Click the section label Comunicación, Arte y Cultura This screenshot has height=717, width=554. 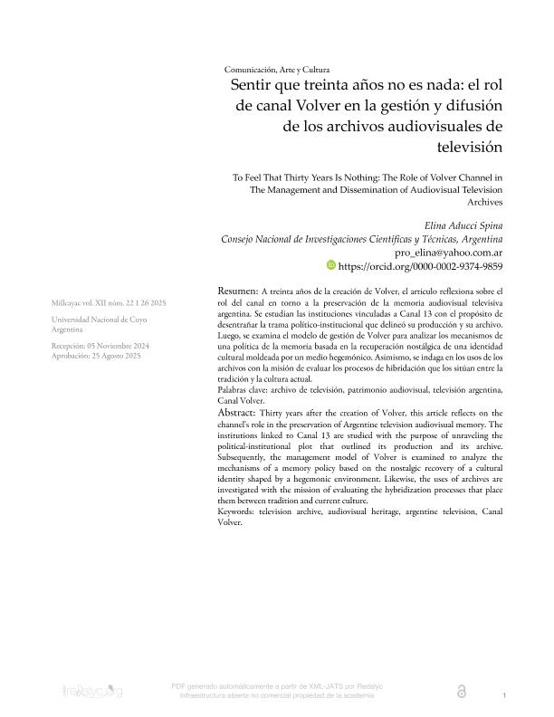277,70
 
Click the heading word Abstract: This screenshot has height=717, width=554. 242,412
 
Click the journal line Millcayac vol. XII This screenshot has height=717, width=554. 108,301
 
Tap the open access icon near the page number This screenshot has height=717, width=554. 463,691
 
